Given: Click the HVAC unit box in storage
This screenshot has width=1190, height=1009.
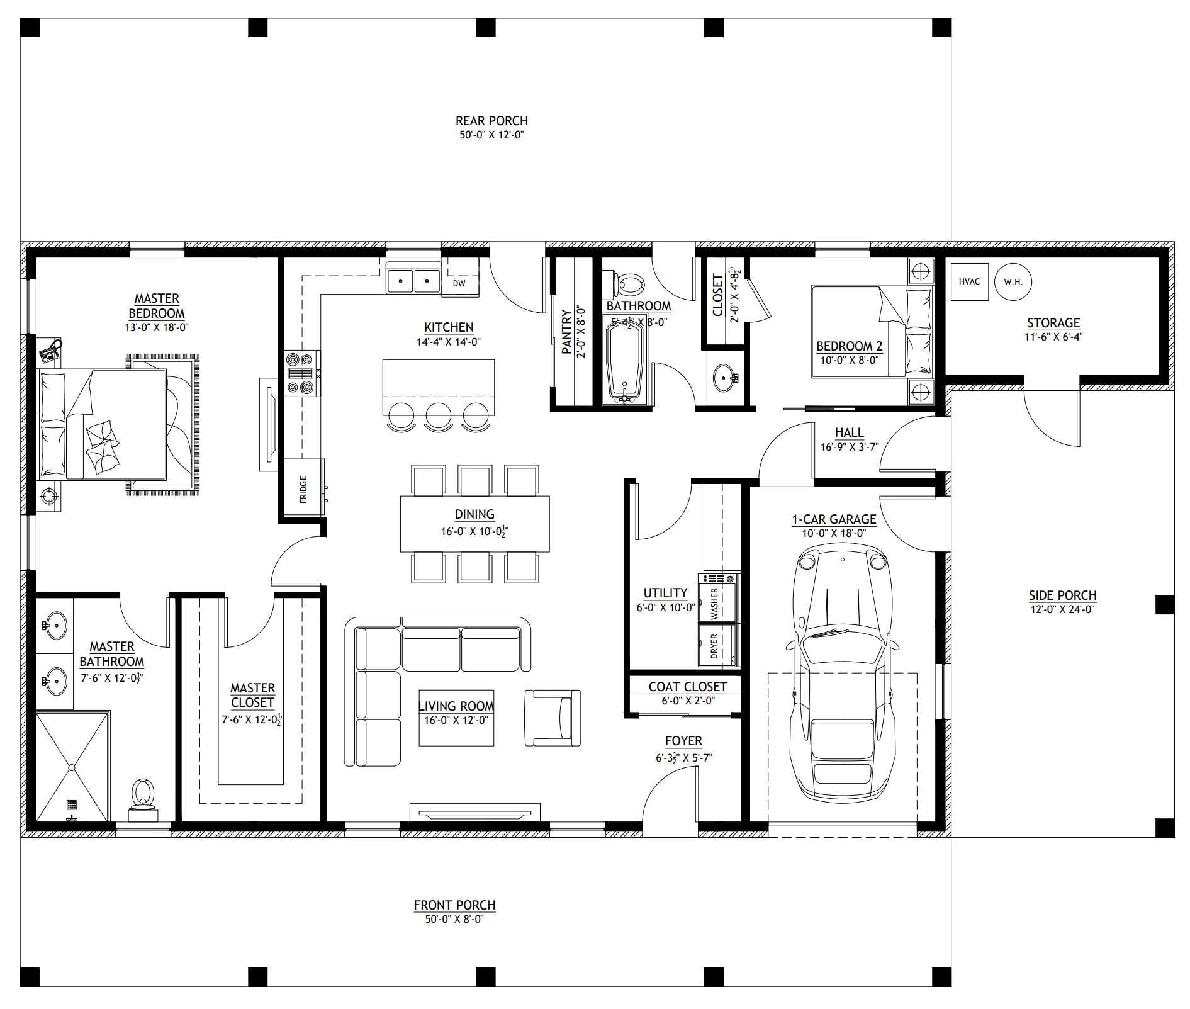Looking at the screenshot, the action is click(x=969, y=282).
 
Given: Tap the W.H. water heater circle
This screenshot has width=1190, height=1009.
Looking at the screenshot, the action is click(x=1013, y=282).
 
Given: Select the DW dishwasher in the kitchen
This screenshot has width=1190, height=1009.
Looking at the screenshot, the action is click(x=459, y=284).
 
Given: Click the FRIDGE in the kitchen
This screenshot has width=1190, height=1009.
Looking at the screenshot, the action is click(x=303, y=488).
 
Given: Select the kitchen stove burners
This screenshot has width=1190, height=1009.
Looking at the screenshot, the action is click(x=300, y=373).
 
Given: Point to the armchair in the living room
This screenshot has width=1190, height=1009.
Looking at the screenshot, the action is click(x=553, y=718).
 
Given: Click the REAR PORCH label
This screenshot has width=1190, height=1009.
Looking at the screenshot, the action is click(x=491, y=121).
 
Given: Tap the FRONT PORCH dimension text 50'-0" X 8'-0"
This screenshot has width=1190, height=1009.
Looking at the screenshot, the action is click(x=454, y=920).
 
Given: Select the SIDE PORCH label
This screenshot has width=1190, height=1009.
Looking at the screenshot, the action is click(x=1062, y=595).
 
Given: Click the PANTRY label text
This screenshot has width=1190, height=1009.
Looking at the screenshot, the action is click(x=567, y=331).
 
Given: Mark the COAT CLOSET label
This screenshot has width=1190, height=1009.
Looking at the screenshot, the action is click(x=688, y=687).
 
